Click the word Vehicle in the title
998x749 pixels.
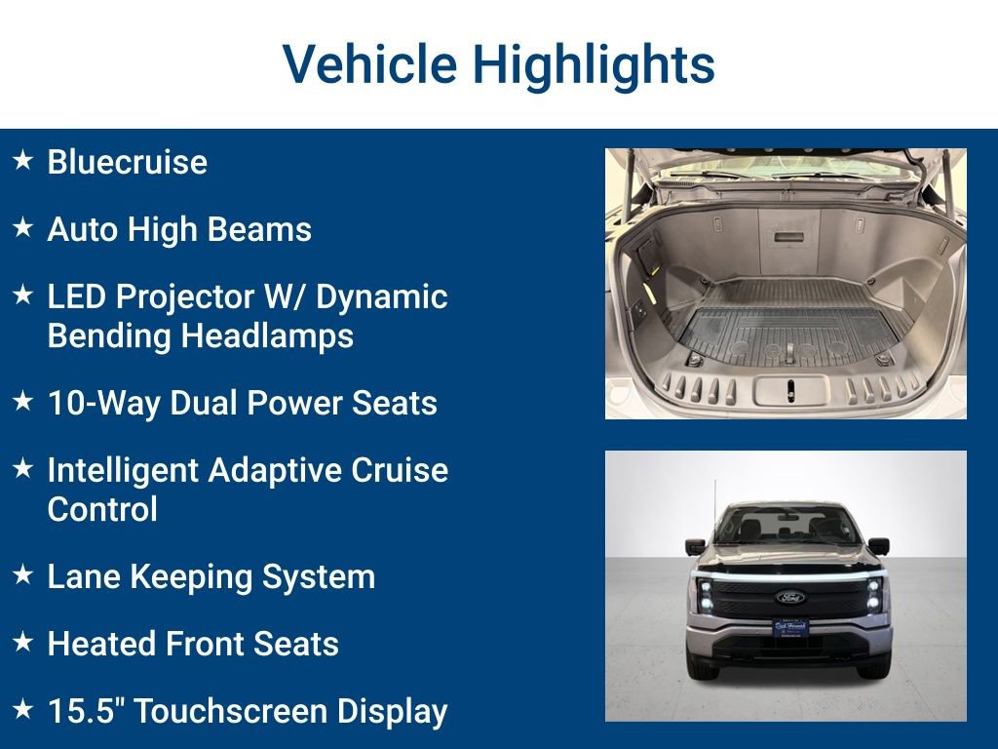(368, 64)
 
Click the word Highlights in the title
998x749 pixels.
(594, 64)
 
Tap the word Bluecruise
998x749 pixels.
(127, 162)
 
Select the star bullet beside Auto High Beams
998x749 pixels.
(23, 228)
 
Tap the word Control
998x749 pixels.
(102, 509)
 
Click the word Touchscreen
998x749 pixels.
(230, 711)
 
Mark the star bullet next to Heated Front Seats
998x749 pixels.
(23, 643)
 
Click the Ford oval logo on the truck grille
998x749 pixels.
(789, 597)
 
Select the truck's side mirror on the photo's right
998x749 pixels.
(878, 546)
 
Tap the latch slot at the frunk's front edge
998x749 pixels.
(789, 390)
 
